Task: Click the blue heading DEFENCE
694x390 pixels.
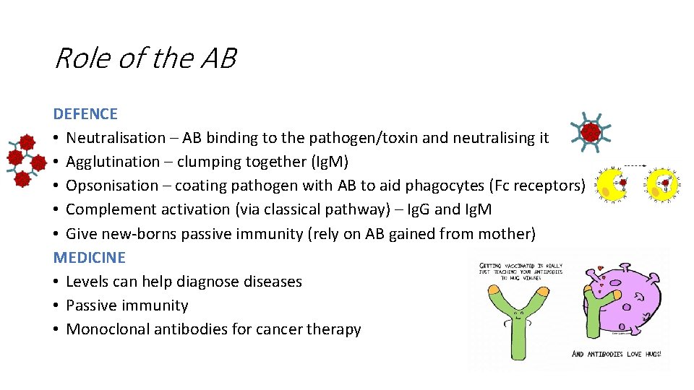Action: coord(85,114)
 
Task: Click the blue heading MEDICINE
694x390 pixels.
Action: coord(89,258)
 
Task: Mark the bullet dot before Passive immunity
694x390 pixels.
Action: coord(57,305)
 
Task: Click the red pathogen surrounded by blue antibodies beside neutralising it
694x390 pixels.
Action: coord(591,132)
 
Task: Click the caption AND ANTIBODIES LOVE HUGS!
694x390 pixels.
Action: coord(616,354)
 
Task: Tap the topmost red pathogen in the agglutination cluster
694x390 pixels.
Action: coord(27,142)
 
